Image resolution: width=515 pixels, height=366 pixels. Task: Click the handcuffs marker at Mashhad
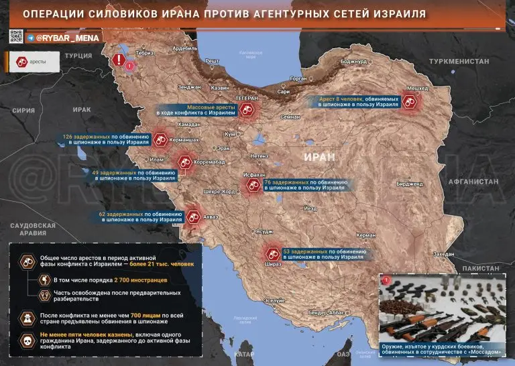pos(410,102)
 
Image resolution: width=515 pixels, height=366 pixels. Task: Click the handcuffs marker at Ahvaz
pos(193,216)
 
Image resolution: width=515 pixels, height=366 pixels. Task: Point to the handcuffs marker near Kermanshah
pos(161,139)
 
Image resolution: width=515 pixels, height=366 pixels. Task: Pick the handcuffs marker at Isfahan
pos(253,187)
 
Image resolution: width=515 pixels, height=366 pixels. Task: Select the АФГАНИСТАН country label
pos(473,182)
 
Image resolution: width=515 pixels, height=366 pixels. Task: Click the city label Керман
pos(366,235)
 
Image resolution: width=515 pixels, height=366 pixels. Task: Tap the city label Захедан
pos(443,254)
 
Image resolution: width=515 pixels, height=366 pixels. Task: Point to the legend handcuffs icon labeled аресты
pos(21,61)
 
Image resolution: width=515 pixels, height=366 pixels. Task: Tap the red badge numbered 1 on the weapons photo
pos(388,281)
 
